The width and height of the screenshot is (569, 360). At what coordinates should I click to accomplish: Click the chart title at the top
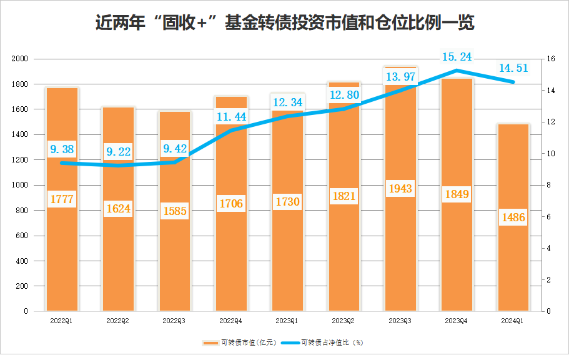pyautogui.click(x=285, y=24)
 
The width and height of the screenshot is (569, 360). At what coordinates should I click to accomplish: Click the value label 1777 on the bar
pyautogui.click(x=62, y=199)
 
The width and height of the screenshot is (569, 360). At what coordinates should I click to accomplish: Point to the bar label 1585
pyautogui.click(x=174, y=211)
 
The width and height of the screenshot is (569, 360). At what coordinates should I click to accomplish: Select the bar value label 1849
pyautogui.click(x=457, y=194)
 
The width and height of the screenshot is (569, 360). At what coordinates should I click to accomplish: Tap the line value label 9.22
pyautogui.click(x=118, y=151)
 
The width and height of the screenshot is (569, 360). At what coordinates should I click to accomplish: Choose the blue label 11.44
pyautogui.click(x=231, y=116)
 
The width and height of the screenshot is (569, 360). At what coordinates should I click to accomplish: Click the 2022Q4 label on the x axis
pyautogui.click(x=230, y=321)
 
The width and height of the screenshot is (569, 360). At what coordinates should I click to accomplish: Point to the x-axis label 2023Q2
pyautogui.click(x=344, y=321)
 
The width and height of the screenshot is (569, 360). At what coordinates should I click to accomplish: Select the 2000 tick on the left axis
pyautogui.click(x=21, y=59)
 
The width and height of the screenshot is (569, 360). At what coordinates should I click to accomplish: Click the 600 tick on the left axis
pyautogui.click(x=22, y=236)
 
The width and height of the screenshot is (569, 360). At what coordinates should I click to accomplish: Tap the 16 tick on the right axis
pyautogui.click(x=550, y=59)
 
